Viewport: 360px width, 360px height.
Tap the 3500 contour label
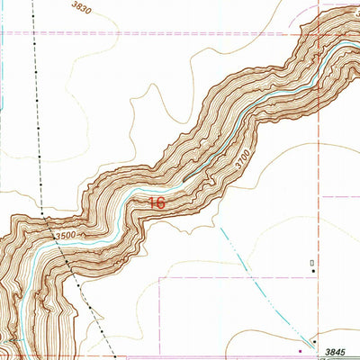(65, 236)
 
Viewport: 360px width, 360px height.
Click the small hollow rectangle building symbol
(312, 262)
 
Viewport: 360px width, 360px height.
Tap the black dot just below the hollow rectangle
(312, 271)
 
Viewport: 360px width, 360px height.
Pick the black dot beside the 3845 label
(315, 344)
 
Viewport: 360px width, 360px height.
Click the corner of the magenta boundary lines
(160, 278)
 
